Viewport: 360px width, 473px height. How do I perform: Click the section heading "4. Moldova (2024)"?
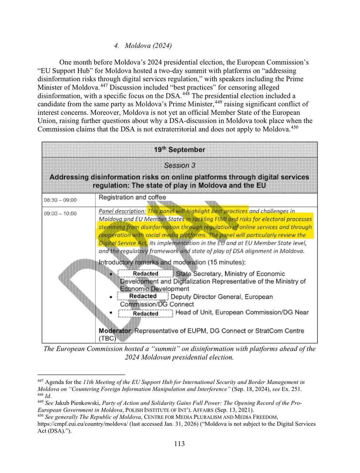tap(143, 46)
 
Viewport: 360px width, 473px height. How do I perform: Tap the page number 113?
tap(180, 443)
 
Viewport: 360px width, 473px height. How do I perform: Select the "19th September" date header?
tap(179, 150)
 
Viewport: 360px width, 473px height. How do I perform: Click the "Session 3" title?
tap(179, 165)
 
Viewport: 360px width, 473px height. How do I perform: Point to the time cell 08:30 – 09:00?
tap(60, 200)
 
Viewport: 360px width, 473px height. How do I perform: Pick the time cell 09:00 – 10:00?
tap(60, 213)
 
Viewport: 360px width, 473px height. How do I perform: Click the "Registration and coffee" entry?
tap(132, 197)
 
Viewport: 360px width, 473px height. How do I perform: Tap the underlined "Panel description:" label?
tap(122, 211)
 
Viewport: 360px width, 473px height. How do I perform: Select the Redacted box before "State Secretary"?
tap(146, 274)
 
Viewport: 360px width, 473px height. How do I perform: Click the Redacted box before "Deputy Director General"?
tap(143, 296)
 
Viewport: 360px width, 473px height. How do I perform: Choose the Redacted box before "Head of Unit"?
tap(146, 313)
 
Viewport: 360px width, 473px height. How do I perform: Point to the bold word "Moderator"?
tap(115, 331)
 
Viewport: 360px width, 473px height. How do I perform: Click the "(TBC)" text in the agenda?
tap(107, 338)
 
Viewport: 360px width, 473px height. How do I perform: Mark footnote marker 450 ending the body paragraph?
tap(295, 127)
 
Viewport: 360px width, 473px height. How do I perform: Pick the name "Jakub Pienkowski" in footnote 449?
tap(77, 403)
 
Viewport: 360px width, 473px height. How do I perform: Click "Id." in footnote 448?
tap(48, 396)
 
